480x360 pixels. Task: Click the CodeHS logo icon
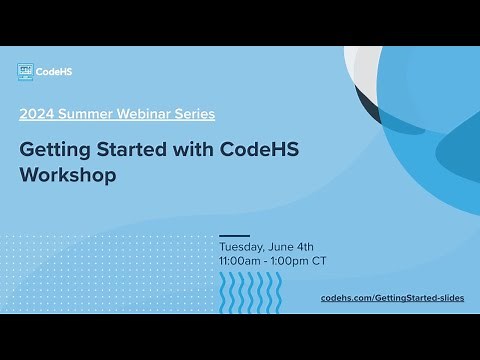tap(26, 71)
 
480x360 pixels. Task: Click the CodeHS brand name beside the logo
tap(55, 71)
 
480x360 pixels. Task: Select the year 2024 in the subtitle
tap(36, 114)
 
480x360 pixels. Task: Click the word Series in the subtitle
tap(194, 114)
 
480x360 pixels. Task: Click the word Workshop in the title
tap(68, 175)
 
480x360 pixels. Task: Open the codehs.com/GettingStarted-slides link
tap(392, 298)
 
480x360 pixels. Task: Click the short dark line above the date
tap(233, 235)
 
